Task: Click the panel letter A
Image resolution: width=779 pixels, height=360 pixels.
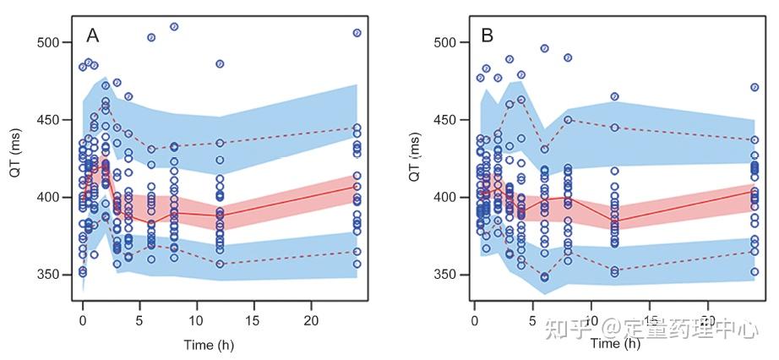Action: [x=93, y=35]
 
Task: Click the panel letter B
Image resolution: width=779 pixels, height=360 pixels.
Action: [x=488, y=35]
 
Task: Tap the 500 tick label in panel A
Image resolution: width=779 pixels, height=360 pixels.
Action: [x=52, y=42]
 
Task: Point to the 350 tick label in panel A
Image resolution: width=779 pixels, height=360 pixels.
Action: [x=52, y=275]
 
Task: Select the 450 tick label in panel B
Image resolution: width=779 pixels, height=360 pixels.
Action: [x=445, y=120]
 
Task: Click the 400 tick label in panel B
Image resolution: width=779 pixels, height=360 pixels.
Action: [x=445, y=197]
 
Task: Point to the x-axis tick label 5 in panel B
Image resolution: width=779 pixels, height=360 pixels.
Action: [x=531, y=322]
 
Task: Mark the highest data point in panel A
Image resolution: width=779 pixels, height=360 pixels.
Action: [x=174, y=26]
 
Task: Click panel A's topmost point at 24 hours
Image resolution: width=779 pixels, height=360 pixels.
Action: [x=357, y=33]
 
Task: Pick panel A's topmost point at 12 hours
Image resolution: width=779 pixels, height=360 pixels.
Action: [x=220, y=63]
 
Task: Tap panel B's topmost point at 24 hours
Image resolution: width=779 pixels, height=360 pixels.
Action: [x=754, y=87]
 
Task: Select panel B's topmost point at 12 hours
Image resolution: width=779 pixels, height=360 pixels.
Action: [x=614, y=96]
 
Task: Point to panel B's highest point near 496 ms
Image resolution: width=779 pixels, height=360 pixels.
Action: [x=544, y=48]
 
